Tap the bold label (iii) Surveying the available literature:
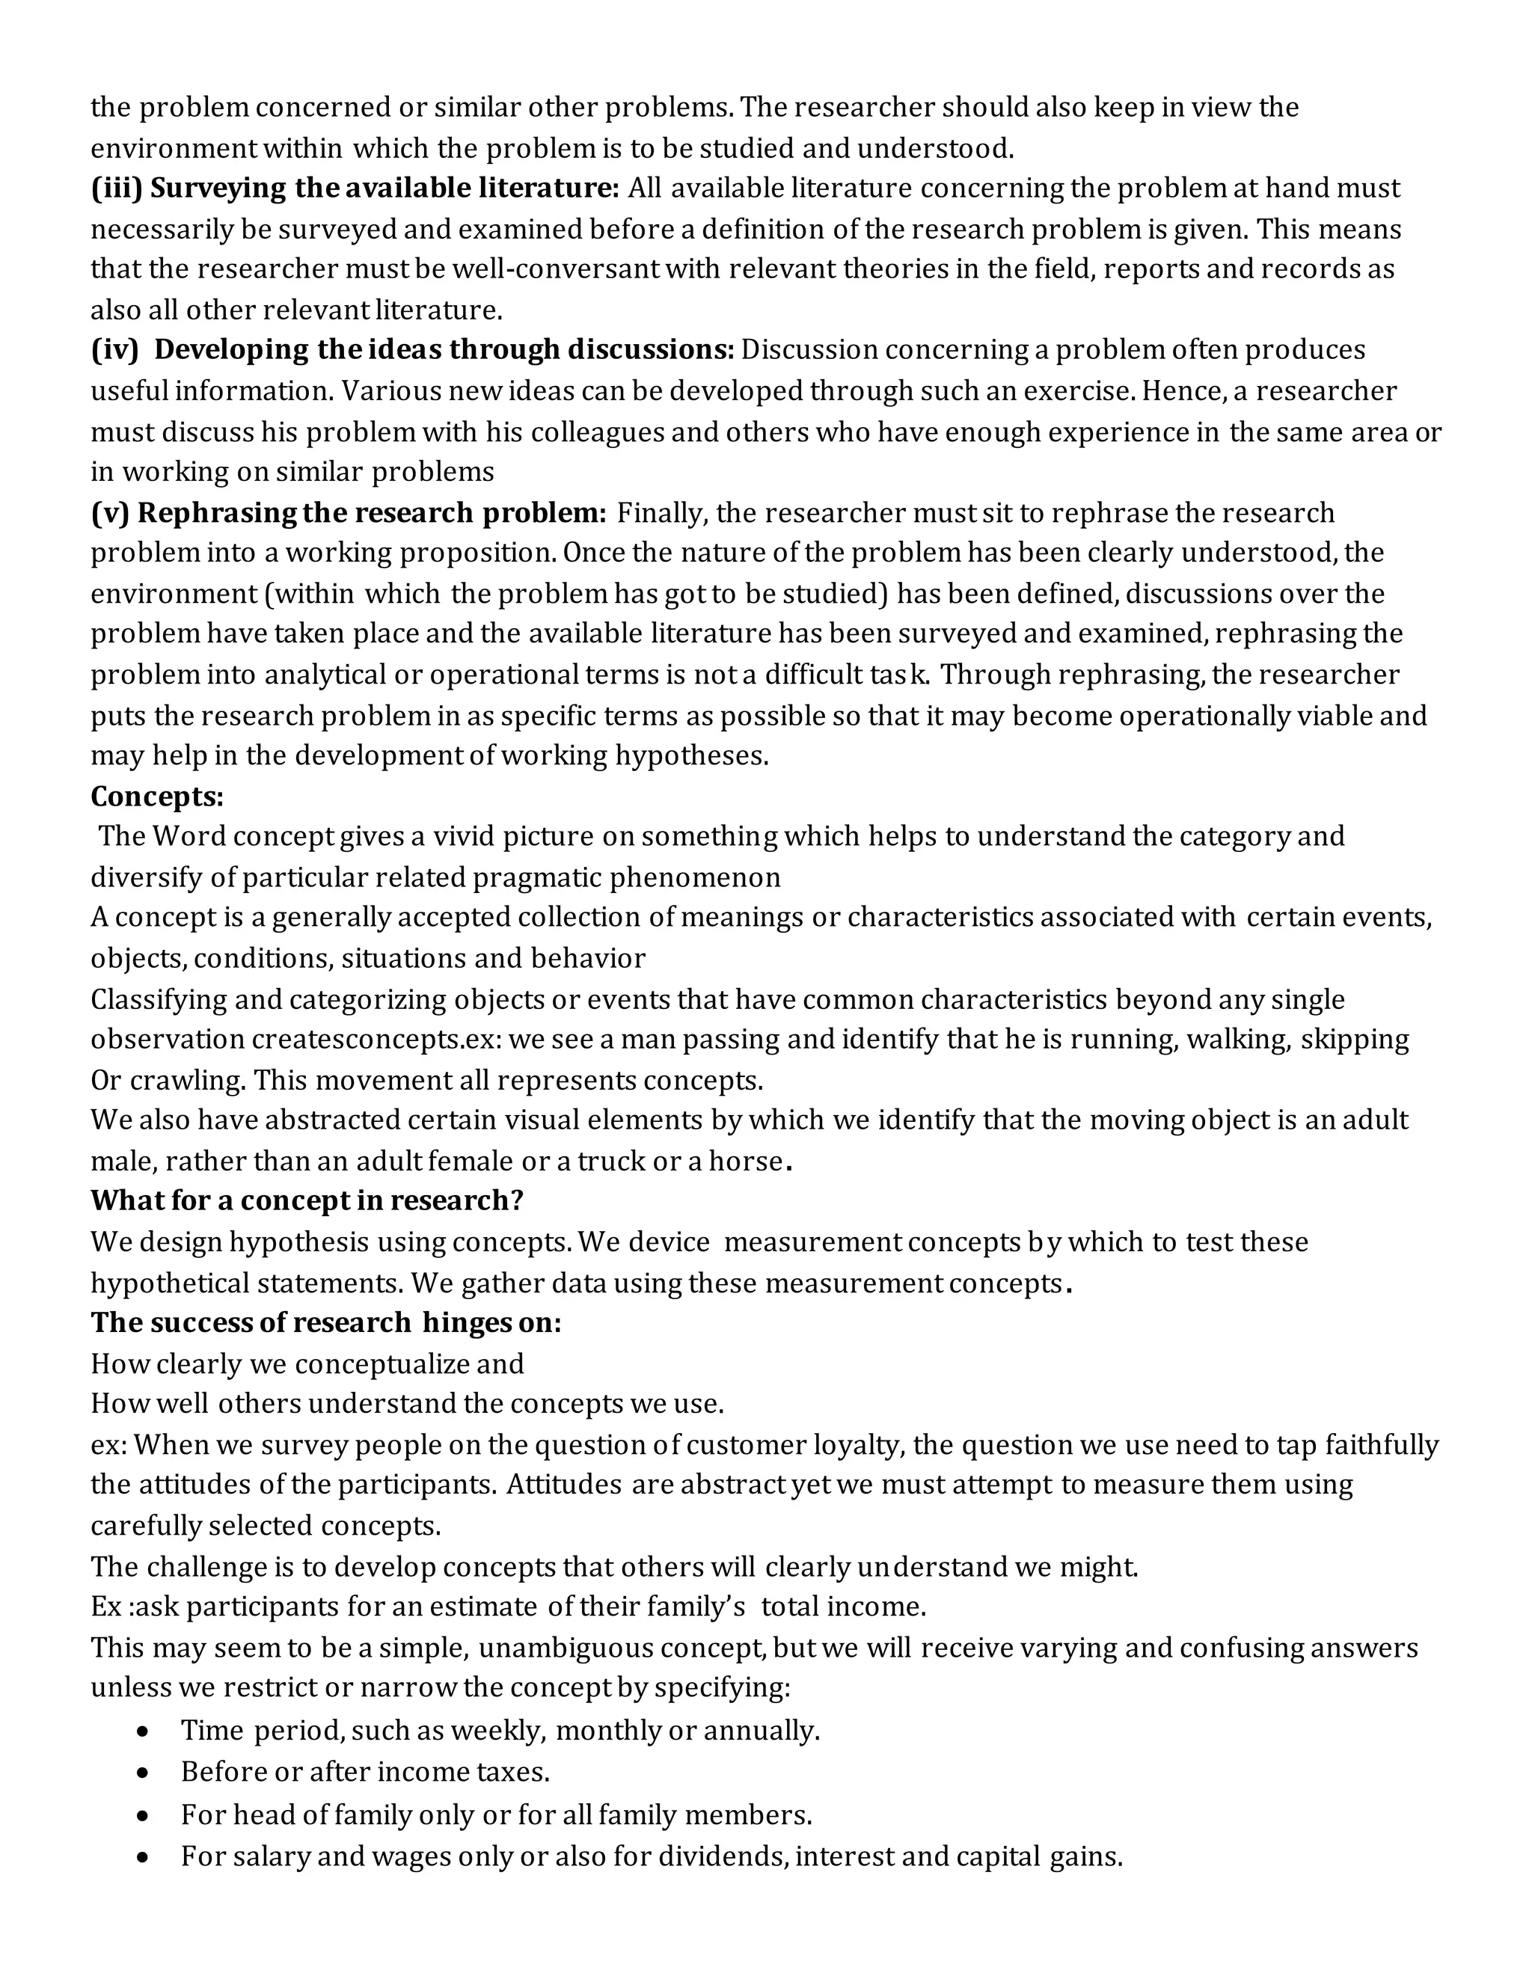point(355,188)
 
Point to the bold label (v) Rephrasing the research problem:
point(349,513)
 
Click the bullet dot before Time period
point(142,1732)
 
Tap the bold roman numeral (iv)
point(114,350)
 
